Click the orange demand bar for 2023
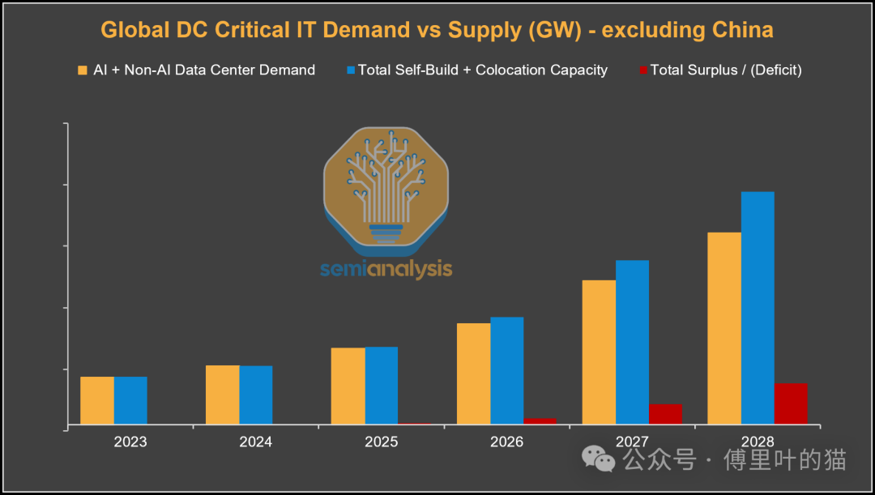click(97, 400)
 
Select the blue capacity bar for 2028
click(758, 308)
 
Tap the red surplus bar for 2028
click(791, 403)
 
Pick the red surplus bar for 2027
click(665, 414)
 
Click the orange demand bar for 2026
click(473, 373)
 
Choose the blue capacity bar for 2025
click(382, 386)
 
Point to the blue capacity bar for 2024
click(256, 395)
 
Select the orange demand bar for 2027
click(599, 352)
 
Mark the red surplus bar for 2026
click(540, 420)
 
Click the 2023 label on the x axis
click(130, 442)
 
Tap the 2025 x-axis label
click(382, 442)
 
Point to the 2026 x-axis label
click(507, 442)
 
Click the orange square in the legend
click(82, 70)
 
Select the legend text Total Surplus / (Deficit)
click(726, 70)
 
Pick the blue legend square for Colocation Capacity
click(351, 70)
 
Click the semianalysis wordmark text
click(386, 269)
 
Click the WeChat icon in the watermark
click(600, 459)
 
